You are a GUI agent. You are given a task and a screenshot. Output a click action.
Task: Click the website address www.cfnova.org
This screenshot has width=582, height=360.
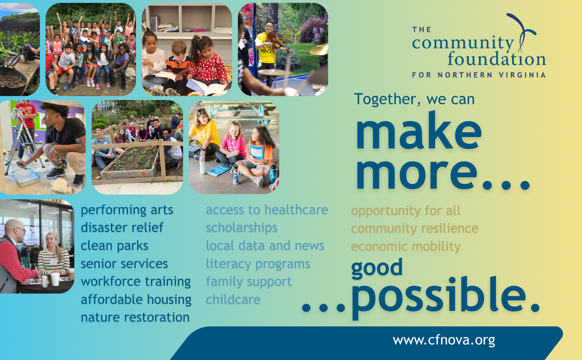(x=444, y=340)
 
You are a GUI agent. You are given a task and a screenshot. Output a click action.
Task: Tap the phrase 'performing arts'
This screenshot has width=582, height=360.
(x=127, y=210)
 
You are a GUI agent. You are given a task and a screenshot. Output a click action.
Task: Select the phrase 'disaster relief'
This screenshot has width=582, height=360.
(x=122, y=227)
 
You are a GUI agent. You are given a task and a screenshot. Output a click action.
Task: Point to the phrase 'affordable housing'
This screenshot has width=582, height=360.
(x=136, y=300)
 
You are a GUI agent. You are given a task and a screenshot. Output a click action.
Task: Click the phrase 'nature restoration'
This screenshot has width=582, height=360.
(x=135, y=317)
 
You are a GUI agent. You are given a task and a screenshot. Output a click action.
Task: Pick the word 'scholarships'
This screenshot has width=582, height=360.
(x=242, y=228)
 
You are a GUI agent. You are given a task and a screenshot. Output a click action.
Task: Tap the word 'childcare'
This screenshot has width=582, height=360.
(x=233, y=299)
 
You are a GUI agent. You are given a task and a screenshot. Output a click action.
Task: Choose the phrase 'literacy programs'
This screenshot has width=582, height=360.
(x=258, y=264)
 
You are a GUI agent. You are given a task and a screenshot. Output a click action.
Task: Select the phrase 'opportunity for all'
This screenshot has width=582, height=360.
(x=406, y=211)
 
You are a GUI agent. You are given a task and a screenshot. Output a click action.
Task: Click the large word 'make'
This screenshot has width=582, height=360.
(x=418, y=130)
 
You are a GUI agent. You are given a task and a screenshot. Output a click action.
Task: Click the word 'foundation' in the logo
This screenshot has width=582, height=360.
(x=497, y=58)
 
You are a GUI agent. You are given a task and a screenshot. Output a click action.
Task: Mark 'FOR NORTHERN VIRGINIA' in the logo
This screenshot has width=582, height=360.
(x=479, y=75)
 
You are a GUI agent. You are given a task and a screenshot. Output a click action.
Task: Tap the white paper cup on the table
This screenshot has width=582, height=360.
(x=55, y=279)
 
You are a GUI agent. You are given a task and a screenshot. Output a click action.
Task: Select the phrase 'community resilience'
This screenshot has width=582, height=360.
(x=415, y=229)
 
